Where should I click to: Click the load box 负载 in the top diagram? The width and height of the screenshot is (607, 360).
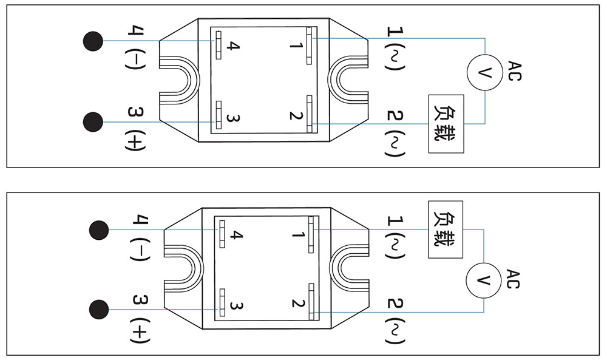pyautogui.click(x=446, y=124)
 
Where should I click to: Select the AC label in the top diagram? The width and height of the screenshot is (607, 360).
pyautogui.click(x=514, y=70)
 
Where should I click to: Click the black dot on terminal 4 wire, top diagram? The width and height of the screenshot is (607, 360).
pyautogui.click(x=93, y=41)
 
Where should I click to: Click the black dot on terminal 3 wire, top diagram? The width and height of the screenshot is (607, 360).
pyautogui.click(x=93, y=121)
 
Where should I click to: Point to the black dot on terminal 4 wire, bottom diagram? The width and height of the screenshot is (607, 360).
pyautogui.click(x=99, y=230)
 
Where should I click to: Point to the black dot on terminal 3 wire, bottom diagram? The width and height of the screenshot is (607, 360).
pyautogui.click(x=99, y=310)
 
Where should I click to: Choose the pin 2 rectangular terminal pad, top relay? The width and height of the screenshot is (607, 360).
pyautogui.click(x=310, y=113)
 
